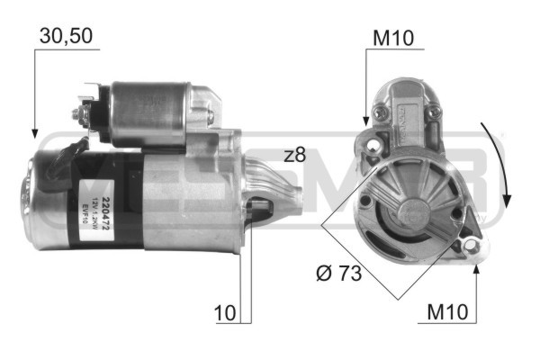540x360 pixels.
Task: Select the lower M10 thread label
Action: tap(447, 313)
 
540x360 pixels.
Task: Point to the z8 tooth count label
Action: tap(294, 155)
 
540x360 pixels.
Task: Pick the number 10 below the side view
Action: tap(225, 313)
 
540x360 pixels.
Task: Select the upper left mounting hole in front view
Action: tap(372, 141)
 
